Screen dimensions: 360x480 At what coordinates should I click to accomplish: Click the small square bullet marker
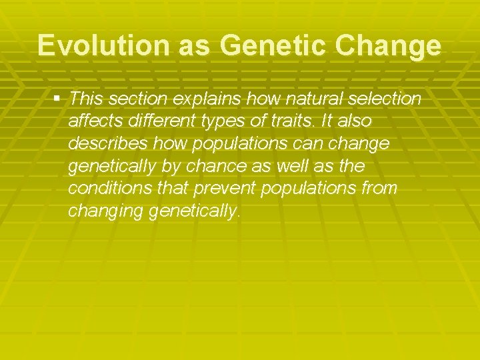click(57, 99)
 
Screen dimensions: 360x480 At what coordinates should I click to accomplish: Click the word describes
click(107, 145)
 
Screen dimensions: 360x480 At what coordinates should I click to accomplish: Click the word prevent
click(225, 189)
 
